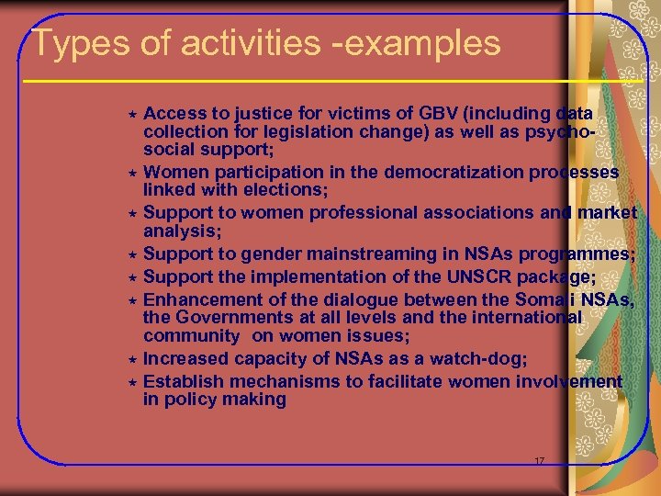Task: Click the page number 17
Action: click(x=540, y=459)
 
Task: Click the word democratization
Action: click(x=415, y=172)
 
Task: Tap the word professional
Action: click(x=358, y=213)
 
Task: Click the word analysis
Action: click(x=178, y=231)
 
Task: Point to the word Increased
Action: click(x=187, y=358)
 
